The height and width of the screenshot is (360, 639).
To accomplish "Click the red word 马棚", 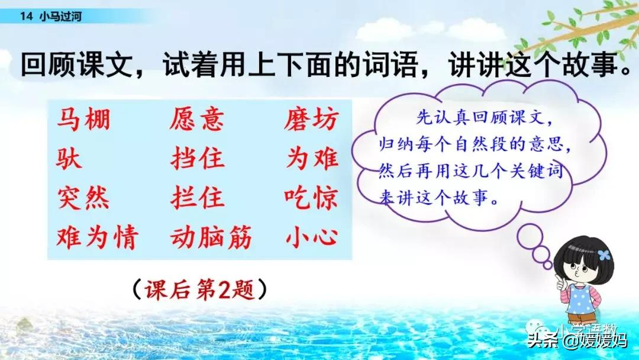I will click(83, 120).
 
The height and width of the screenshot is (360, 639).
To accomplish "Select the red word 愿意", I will click(196, 120).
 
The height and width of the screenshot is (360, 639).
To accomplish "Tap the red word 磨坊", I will click(311, 120).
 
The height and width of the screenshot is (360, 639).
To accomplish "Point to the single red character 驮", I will click(70, 159).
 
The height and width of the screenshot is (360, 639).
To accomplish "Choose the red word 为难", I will click(312, 159).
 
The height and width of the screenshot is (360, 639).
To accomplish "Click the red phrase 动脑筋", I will click(211, 237).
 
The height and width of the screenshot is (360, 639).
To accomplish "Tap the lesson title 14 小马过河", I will click(50, 17).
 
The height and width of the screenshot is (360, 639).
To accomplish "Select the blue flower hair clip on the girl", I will click(603, 255).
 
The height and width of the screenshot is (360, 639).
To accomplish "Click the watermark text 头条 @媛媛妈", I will click(577, 340).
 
